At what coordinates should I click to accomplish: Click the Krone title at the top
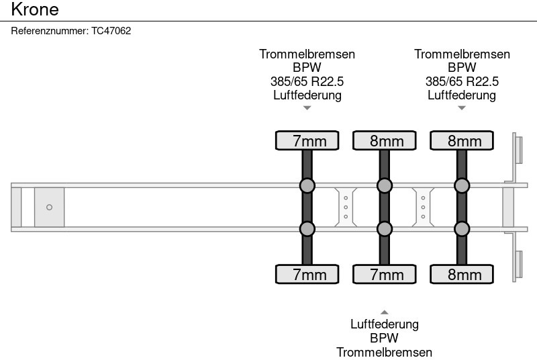click(35, 9)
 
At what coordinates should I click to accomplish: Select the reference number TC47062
click(111, 31)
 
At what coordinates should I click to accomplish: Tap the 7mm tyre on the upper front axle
click(307, 140)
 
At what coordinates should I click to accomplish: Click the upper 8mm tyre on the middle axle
click(385, 140)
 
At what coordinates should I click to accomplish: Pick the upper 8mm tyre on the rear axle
click(462, 140)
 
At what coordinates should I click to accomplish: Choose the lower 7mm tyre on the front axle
click(307, 274)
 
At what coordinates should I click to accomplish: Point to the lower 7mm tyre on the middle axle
click(385, 274)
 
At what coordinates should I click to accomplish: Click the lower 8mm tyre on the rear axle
click(462, 274)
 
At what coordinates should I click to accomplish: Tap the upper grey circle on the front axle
click(307, 185)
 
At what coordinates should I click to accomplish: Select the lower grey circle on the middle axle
click(385, 229)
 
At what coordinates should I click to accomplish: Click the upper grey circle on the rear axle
click(462, 185)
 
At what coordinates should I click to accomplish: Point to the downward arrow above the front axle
click(307, 107)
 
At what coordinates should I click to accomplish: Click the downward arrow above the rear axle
click(462, 107)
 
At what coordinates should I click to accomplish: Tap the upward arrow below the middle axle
click(385, 312)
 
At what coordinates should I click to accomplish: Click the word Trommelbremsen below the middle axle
click(385, 352)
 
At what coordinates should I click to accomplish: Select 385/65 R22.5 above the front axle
click(307, 81)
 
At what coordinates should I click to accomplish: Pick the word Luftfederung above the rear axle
click(462, 95)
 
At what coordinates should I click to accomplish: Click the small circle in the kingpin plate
click(49, 208)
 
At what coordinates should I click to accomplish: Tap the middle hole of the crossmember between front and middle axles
click(345, 208)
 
